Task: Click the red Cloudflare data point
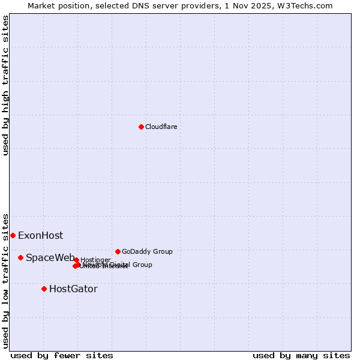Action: point(141,127)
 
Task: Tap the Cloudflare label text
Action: point(161,127)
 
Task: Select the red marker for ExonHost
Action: point(13,235)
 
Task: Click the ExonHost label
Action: point(40,236)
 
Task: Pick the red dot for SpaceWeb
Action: point(20,257)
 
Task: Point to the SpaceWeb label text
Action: point(50,258)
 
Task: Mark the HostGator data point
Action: point(44,289)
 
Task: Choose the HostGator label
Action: point(73,289)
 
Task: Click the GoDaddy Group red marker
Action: point(118,251)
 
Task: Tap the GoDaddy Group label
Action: point(147,251)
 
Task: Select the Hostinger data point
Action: point(76,260)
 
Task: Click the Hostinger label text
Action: point(95,260)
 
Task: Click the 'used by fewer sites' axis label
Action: point(62,356)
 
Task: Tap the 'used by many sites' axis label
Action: point(301,356)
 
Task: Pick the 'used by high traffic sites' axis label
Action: point(5,85)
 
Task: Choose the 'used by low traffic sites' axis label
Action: point(5,281)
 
